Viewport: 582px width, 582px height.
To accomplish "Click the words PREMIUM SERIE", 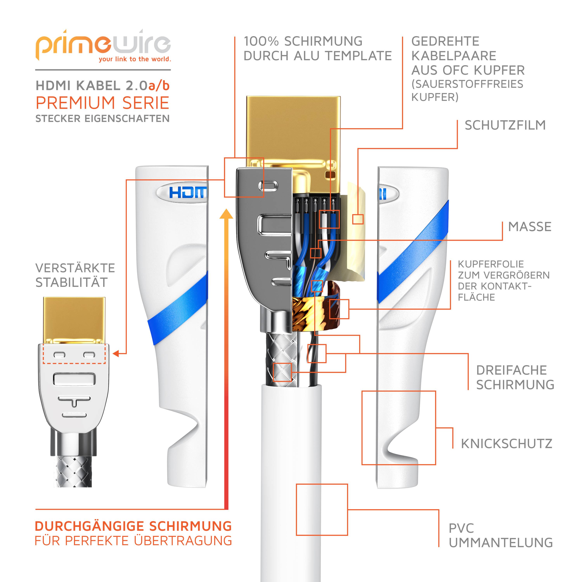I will [102, 103].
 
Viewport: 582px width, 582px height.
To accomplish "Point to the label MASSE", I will [530, 227].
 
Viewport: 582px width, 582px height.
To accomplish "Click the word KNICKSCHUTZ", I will [506, 444].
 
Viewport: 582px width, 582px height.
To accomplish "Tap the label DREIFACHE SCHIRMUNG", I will [515, 378].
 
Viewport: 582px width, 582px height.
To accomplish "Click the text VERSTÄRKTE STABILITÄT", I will [75, 275].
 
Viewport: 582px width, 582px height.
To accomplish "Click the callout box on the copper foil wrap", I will [339, 309].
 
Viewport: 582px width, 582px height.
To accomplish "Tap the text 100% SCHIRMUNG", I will [303, 41].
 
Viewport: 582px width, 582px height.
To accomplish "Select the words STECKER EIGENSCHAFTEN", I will [102, 119].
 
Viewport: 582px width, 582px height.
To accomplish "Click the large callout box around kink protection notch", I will [398, 428].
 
